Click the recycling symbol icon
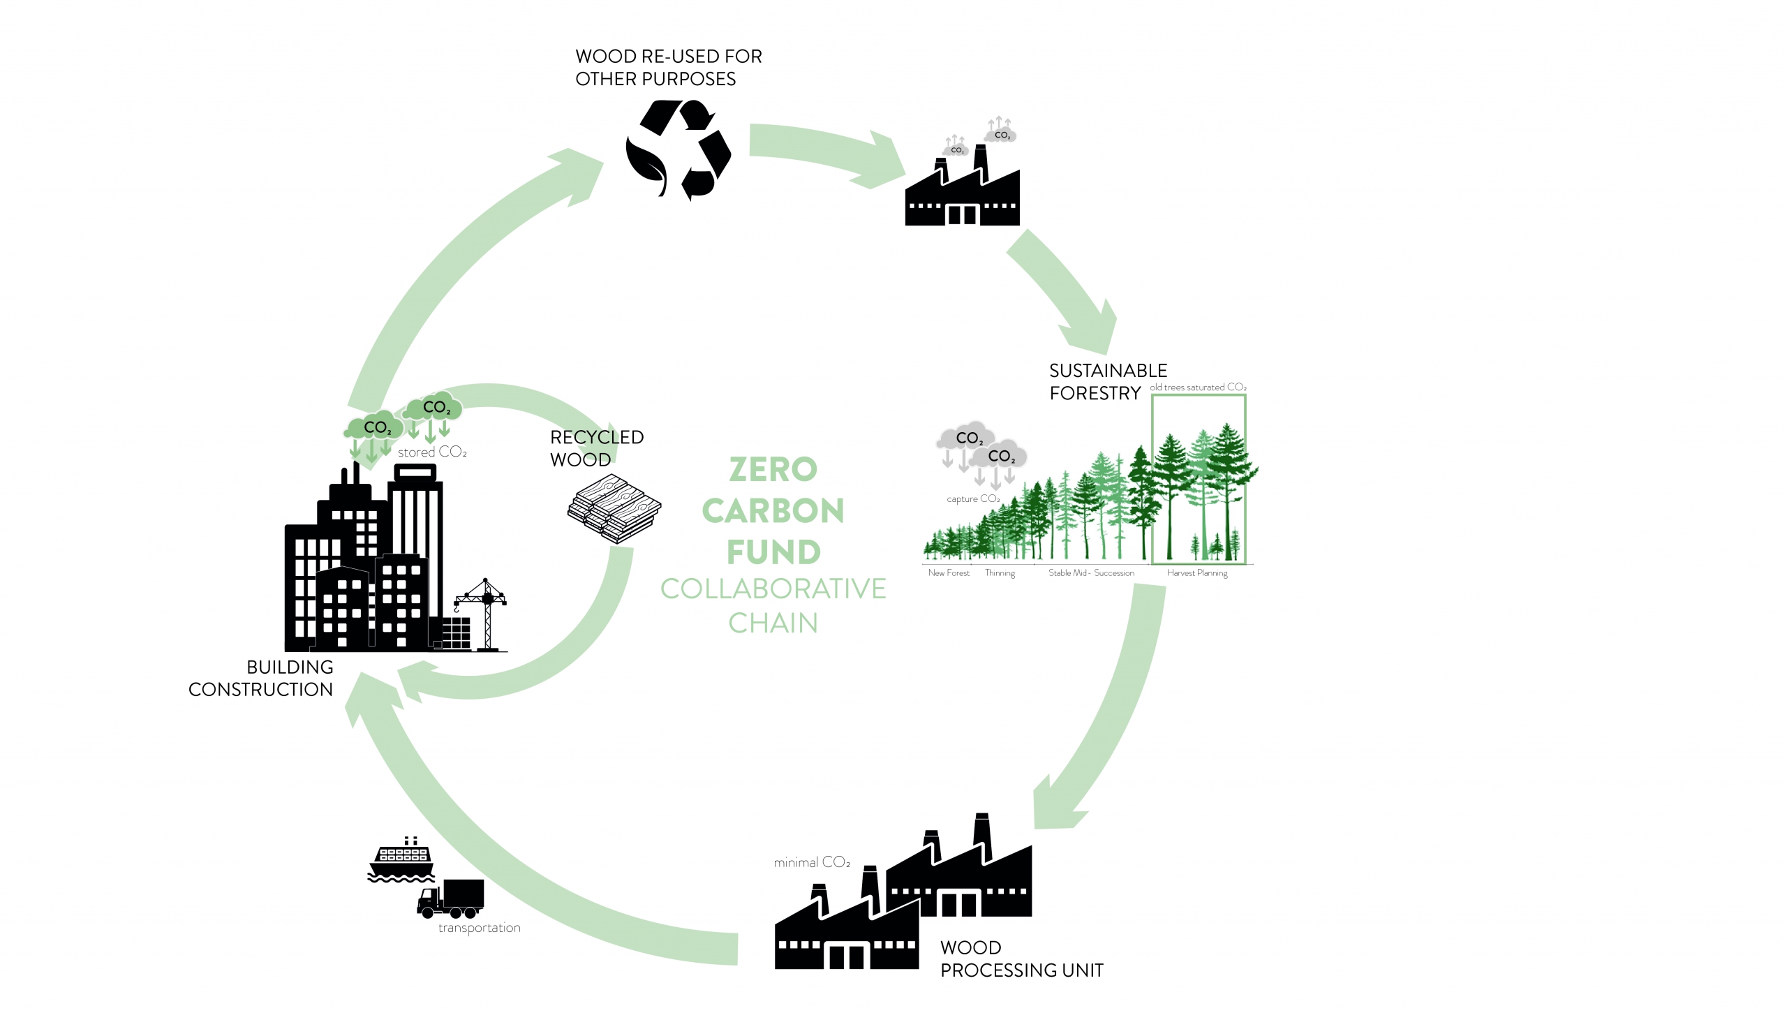pos(678,149)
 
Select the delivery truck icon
pos(450,899)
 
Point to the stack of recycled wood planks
pos(614,508)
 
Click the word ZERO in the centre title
pos(773,469)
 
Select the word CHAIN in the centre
pos(773,623)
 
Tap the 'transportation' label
pos(480,928)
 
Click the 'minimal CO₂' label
pos(812,862)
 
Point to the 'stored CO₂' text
pos(432,452)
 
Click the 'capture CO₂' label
pos(973,498)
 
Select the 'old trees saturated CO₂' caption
pos(1198,387)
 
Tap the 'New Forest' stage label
pos(949,572)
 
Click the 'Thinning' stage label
pos(1000,573)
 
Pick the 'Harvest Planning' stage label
pos(1197,573)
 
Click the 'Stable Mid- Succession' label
pos(1091,572)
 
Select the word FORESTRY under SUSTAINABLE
pos(1095,394)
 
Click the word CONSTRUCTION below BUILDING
pos(260,690)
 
